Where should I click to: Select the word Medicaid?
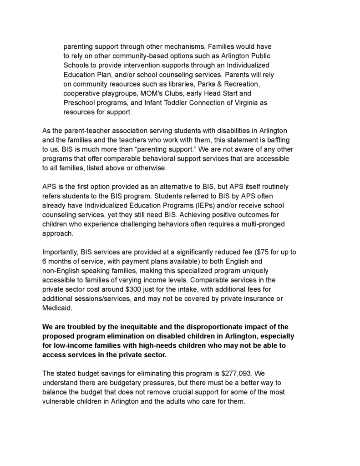point(58,308)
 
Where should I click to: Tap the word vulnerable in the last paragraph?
point(61,402)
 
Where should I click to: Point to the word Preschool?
point(79,103)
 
